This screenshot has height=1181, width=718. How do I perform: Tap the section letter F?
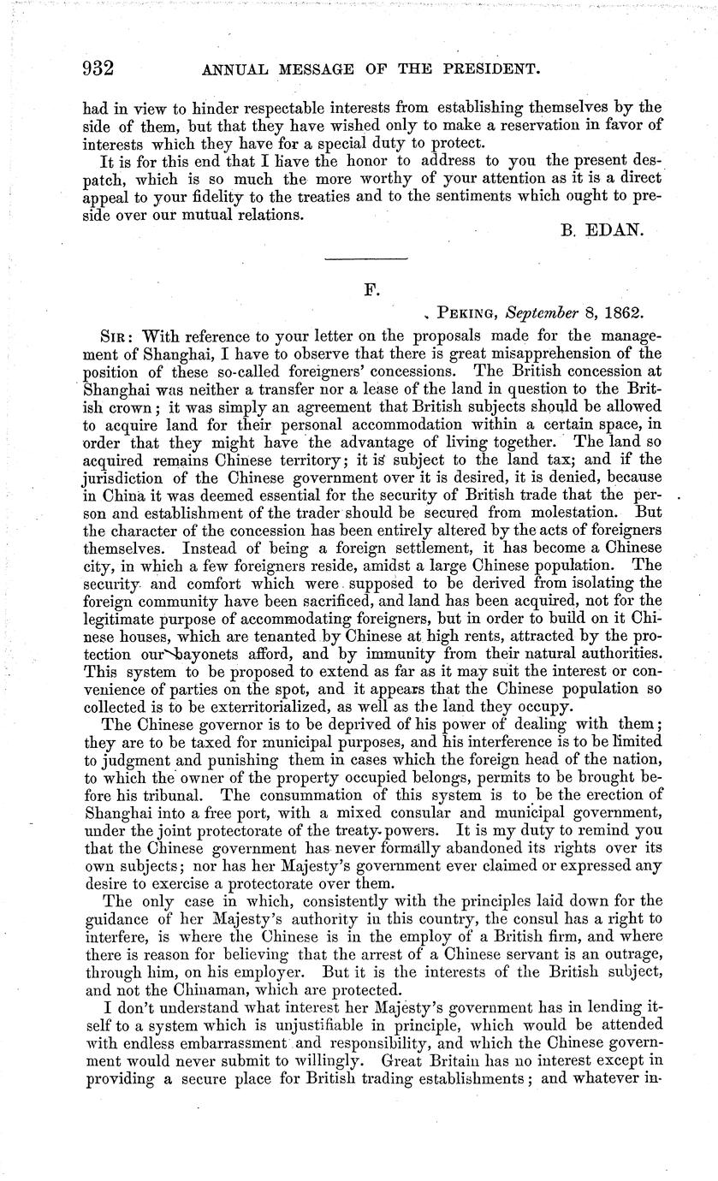point(371,289)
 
